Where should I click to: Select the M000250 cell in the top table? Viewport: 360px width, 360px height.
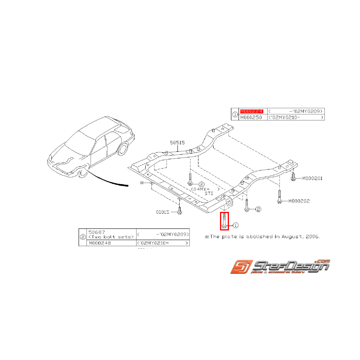pos(250,117)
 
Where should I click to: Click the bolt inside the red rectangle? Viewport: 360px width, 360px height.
pos(224,221)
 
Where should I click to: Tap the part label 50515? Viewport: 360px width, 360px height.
pos(177,143)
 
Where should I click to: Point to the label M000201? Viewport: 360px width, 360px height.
pos(312,178)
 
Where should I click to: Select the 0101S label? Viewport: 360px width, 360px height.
pos(163,212)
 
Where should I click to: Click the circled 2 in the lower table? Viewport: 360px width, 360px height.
pos(82,237)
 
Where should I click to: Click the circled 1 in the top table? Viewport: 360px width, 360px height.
pos(235,114)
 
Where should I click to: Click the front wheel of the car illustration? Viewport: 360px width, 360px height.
pos(82,172)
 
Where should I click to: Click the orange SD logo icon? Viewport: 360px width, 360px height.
pos(240,268)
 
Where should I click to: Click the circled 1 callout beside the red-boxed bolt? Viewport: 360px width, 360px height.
pos(235,225)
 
